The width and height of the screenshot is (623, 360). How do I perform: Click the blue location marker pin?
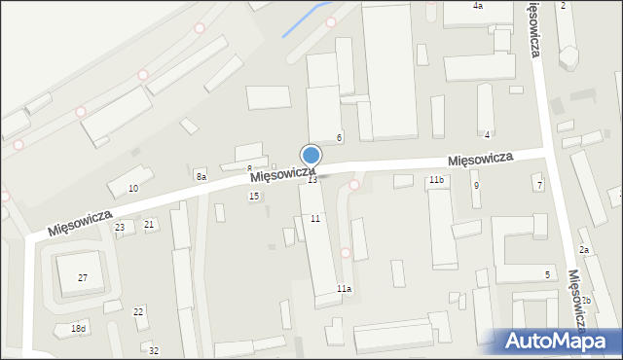[311, 156]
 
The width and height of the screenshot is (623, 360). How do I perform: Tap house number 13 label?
[312, 180]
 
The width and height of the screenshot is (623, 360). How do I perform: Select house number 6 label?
[339, 137]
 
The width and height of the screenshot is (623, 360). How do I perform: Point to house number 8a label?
[201, 176]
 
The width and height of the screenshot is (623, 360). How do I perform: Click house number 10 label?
[133, 188]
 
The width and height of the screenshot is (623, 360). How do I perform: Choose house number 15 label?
[254, 197]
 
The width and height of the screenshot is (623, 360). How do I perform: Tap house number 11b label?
[436, 180]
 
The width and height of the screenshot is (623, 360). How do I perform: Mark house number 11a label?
[344, 289]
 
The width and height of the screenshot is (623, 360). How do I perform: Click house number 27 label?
[83, 278]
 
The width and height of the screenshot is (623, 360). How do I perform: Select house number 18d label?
[78, 329]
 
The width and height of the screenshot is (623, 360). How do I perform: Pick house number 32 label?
[154, 350]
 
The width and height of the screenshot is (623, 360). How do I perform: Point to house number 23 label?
[120, 227]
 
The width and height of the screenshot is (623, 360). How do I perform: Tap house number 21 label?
[149, 225]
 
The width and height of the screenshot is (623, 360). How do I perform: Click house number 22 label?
[138, 311]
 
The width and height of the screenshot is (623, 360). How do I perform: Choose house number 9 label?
[476, 185]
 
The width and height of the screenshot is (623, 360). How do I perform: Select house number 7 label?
[539, 185]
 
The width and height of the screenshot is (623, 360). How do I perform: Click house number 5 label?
[547, 275]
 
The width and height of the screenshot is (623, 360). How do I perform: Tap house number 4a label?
[477, 6]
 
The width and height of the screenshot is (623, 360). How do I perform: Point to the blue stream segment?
[304, 19]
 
